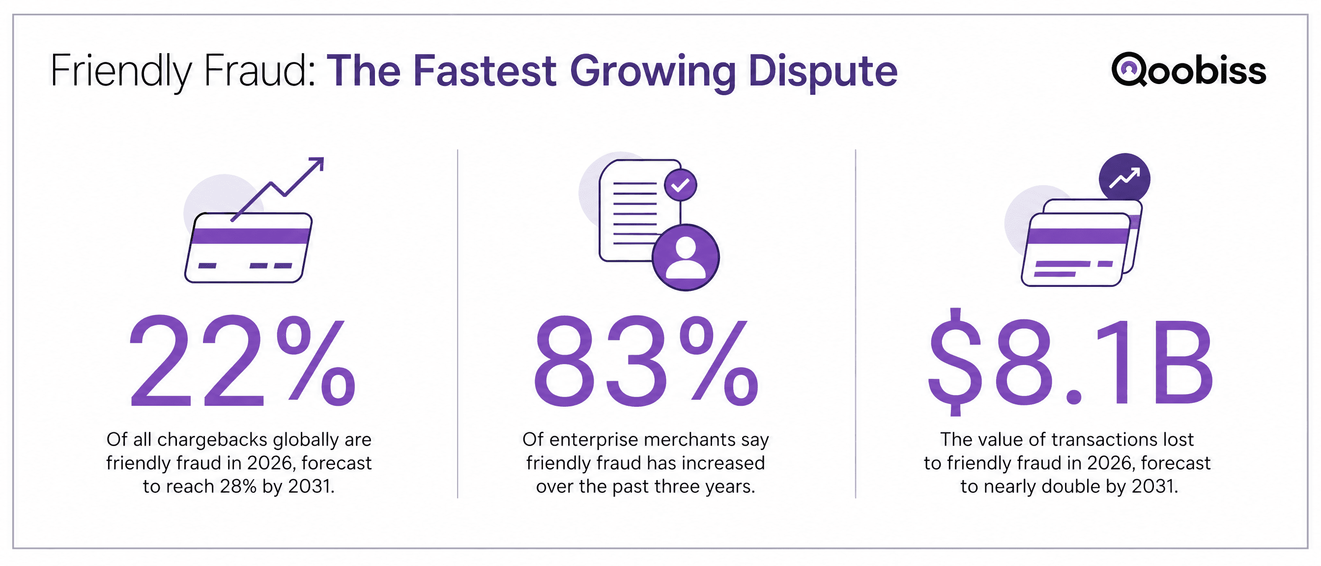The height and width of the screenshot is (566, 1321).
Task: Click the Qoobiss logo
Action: (x=1188, y=69)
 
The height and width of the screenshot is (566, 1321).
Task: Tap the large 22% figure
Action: (x=242, y=361)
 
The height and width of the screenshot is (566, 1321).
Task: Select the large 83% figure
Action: (x=646, y=361)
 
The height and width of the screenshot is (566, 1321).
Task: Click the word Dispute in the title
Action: (x=823, y=72)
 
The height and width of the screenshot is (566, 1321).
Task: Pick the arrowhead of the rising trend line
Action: (x=316, y=164)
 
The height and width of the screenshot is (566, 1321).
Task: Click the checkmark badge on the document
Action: (x=680, y=185)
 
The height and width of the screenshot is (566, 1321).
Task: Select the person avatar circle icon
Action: (x=686, y=257)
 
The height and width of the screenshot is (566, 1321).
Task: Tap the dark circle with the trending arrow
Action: (x=1124, y=179)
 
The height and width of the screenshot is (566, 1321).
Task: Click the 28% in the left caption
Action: (x=238, y=486)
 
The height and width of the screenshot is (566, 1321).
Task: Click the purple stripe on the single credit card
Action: (x=250, y=236)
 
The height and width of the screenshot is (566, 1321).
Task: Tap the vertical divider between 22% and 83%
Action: (x=458, y=323)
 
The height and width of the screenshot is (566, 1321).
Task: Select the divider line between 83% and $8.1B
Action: (x=856, y=323)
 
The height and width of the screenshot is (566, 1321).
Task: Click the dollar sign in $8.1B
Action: (x=955, y=361)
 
